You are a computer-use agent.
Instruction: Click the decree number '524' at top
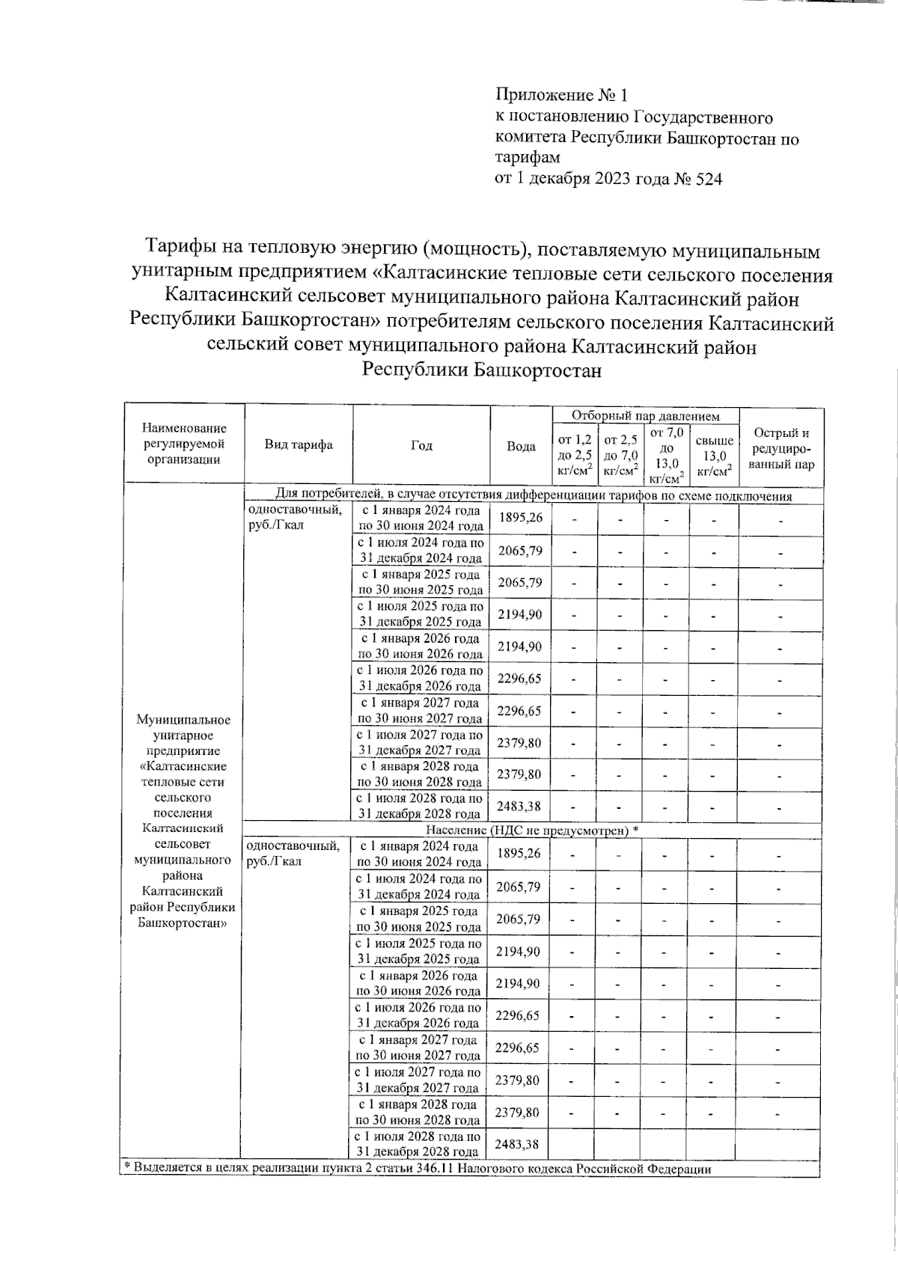tap(709, 180)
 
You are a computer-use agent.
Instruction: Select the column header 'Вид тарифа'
tap(299, 445)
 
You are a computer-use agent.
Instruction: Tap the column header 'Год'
tap(421, 445)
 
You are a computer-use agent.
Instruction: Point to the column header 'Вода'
tap(521, 446)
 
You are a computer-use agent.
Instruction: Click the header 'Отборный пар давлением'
tap(645, 416)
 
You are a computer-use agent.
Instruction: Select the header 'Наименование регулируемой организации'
tap(183, 444)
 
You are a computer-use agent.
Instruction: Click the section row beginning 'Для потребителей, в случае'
tap(534, 495)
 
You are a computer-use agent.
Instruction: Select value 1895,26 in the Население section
tap(518, 854)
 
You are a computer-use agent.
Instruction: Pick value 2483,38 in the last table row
tap(518, 1144)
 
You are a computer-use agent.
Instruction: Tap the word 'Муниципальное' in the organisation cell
tap(183, 720)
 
